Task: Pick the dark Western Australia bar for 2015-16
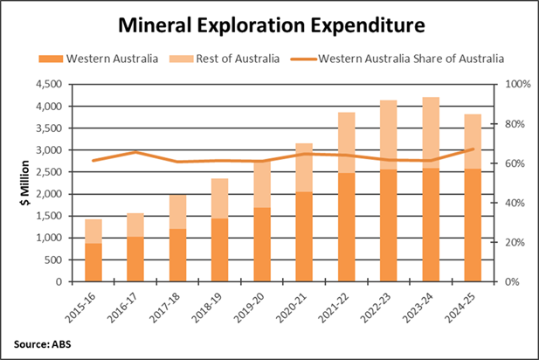tap(94, 262)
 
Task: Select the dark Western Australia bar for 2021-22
tap(348, 227)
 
